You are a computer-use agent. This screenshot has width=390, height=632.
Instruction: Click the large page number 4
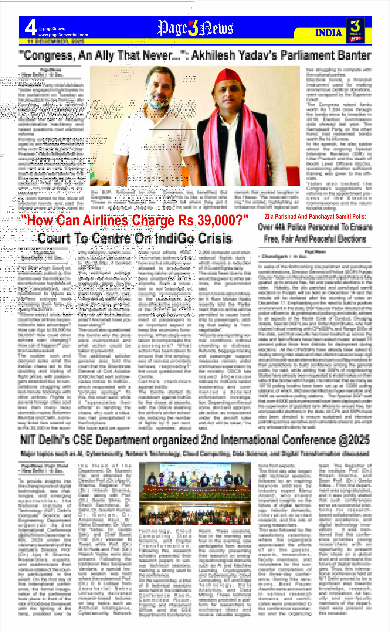(30, 28)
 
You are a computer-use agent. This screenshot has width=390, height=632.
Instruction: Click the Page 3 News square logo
(355, 30)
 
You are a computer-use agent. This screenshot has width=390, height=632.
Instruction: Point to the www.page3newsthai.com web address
(63, 35)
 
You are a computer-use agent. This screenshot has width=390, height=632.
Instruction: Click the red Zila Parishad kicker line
(315, 217)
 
